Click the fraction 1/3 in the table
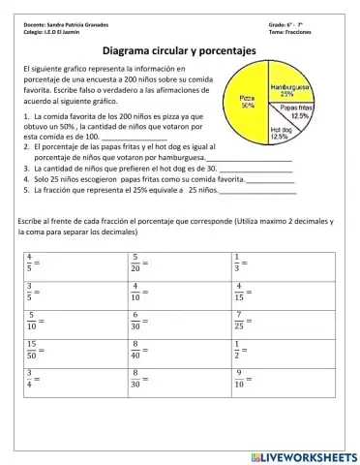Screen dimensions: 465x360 tap(237, 262)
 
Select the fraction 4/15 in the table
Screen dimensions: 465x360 tap(239, 290)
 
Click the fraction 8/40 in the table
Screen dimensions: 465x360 tap(136, 348)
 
